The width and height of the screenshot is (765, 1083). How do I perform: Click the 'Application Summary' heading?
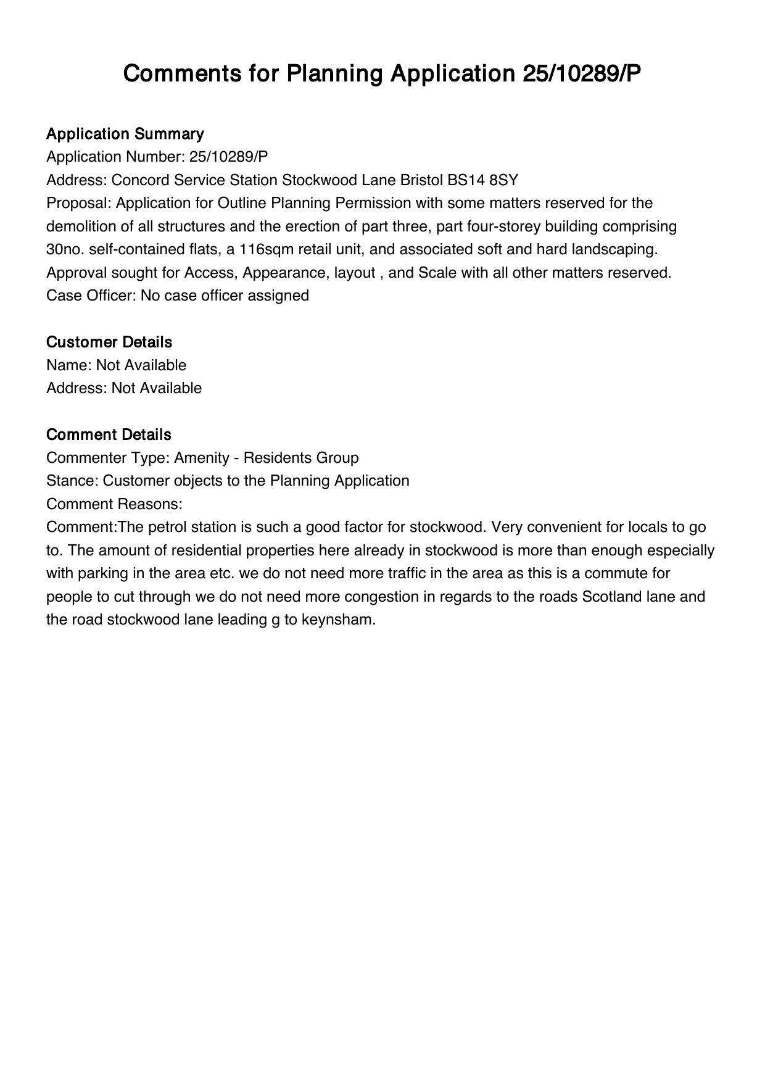point(125,134)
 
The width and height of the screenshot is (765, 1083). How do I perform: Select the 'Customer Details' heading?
point(109,342)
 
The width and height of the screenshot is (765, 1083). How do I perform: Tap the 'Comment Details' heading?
point(109,434)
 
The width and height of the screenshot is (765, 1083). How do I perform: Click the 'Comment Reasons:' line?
point(114,504)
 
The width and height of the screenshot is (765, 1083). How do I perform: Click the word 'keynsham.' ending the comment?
point(338,620)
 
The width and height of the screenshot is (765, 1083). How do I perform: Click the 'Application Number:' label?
point(116,157)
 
